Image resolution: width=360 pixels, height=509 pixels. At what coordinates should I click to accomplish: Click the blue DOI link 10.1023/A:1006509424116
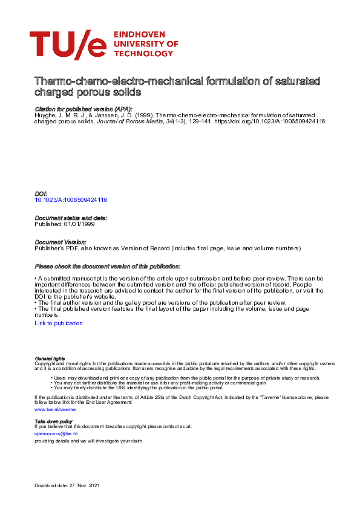[71, 199]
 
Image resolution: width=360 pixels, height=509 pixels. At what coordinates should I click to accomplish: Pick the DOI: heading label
[41, 193]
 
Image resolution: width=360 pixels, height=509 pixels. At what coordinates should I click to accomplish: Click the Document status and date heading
[71, 218]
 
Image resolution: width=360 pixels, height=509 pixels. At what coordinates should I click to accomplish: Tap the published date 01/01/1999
[79, 224]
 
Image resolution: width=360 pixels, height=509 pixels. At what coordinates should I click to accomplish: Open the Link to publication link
[59, 323]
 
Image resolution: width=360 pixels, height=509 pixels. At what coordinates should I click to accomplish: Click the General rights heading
[50, 359]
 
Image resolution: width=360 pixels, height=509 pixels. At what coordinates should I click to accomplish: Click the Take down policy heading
[53, 421]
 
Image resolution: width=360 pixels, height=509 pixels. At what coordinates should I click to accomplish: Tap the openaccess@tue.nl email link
[56, 433]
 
